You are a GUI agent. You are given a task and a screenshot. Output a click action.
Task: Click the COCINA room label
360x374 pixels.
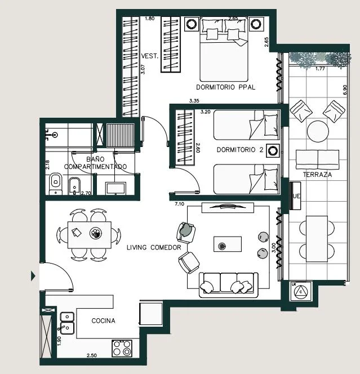pyautogui.click(x=103, y=321)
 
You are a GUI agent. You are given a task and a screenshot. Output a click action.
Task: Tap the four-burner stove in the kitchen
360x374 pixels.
pyautogui.click(x=122, y=348)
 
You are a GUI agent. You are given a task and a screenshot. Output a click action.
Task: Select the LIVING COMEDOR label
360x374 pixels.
pyautogui.click(x=154, y=248)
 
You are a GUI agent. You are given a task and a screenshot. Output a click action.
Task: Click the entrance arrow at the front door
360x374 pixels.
pyautogui.click(x=33, y=277)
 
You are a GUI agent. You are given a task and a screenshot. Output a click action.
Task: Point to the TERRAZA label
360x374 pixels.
pyautogui.click(x=317, y=175)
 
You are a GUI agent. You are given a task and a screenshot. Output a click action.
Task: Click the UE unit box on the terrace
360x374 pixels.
pyautogui.click(x=295, y=196)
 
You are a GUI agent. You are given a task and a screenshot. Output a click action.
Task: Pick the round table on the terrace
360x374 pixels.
pyautogui.click(x=318, y=131)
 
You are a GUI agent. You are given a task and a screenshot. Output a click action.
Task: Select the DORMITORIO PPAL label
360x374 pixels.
pyautogui.click(x=226, y=87)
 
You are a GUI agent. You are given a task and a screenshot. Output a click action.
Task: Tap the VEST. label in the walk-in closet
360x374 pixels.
pyautogui.click(x=150, y=56)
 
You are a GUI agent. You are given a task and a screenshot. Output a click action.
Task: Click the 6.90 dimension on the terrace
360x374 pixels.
pyautogui.click(x=345, y=90)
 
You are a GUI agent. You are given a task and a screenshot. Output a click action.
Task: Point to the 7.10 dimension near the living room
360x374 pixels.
pyautogui.click(x=179, y=204)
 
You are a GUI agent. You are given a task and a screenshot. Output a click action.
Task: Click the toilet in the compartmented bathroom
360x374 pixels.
pyautogui.click(x=56, y=184)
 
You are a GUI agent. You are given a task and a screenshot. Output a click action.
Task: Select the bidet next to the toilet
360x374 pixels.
pyautogui.click(x=75, y=186)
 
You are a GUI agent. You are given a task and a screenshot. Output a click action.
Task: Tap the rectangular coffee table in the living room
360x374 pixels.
pyautogui.click(x=228, y=244)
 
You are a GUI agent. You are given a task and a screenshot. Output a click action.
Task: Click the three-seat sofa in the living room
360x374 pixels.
pyautogui.click(x=229, y=285)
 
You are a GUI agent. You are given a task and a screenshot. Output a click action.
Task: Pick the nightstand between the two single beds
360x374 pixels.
pyautogui.click(x=273, y=150)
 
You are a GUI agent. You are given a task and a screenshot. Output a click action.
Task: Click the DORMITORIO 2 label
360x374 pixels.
pyautogui.click(x=240, y=150)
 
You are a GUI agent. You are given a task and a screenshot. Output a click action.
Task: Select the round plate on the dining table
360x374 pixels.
pyautogui.click(x=96, y=233)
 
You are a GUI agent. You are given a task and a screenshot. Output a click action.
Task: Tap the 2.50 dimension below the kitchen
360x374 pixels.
pyautogui.click(x=92, y=355)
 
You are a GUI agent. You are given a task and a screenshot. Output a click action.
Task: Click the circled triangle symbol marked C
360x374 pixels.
pyautogui.click(x=301, y=292)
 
